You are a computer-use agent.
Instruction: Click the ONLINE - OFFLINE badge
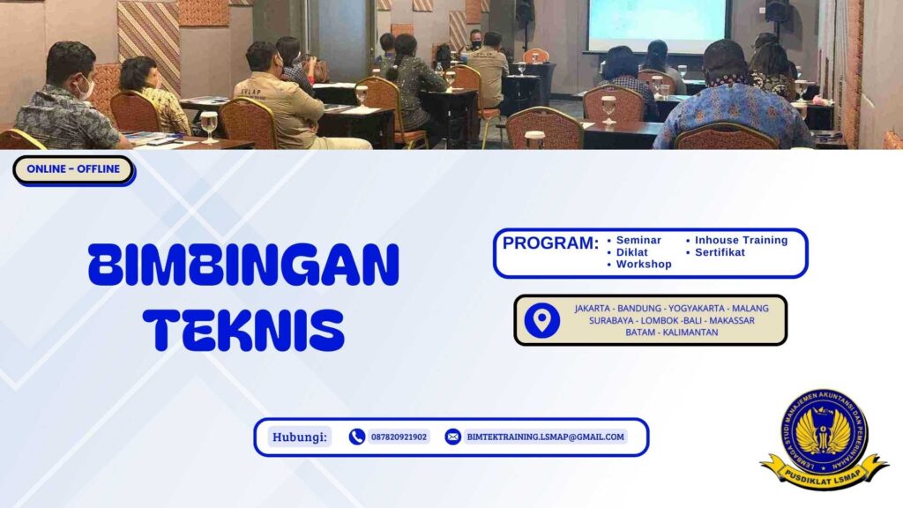[73, 169]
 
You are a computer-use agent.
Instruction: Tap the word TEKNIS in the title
[243, 328]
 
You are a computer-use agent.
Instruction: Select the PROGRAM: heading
[550, 243]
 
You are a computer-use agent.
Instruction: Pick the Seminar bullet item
[638, 240]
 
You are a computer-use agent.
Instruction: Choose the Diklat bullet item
[631, 252]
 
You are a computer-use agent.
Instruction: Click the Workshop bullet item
[643, 265]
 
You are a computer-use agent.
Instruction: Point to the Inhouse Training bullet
[741, 240]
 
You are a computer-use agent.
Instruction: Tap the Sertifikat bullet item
[720, 252]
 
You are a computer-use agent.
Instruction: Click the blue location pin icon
[541, 320]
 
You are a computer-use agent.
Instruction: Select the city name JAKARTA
[592, 309]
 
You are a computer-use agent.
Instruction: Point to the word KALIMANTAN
[690, 332]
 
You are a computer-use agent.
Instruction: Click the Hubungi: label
[300, 437]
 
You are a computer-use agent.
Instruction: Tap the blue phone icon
[357, 437]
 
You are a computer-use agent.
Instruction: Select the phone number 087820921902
[399, 437]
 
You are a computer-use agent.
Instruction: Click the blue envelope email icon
[452, 437]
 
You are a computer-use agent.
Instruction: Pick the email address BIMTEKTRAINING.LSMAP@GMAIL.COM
[545, 437]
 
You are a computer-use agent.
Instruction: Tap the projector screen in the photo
[659, 25]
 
